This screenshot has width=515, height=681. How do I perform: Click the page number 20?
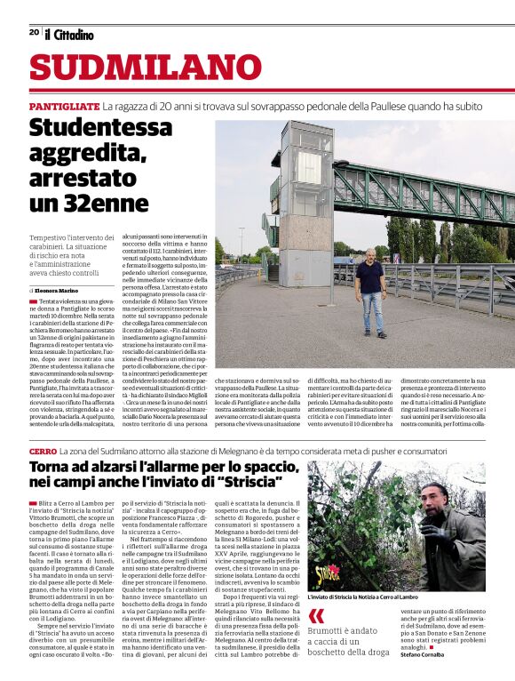pos(34,33)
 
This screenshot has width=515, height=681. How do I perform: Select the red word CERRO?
pos(43,453)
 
